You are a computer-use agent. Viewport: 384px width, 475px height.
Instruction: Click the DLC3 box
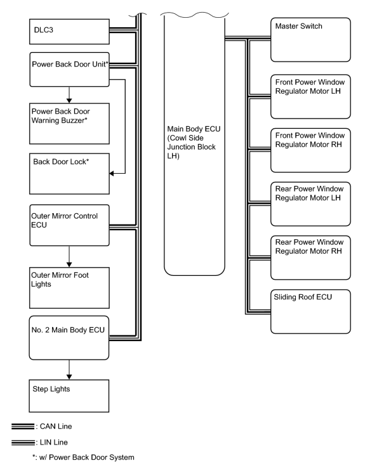coord(69,32)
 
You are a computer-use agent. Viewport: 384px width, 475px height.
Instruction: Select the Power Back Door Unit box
coord(69,69)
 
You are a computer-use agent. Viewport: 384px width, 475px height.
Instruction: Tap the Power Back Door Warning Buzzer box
coord(69,124)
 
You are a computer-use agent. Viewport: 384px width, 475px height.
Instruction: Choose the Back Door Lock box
coord(69,174)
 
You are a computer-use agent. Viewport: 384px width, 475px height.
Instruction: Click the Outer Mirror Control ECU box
coord(69,225)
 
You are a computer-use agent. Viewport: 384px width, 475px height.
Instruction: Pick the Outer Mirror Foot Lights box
coord(69,288)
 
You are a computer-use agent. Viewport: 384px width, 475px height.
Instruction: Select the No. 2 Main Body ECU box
coord(69,338)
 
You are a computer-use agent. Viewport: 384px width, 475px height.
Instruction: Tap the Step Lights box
coord(69,396)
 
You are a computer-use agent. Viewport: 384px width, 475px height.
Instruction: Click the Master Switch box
coord(310,40)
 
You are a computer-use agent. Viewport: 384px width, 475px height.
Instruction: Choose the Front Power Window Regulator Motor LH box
coord(310,96)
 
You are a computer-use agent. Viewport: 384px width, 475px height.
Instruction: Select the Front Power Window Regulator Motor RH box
coord(310,150)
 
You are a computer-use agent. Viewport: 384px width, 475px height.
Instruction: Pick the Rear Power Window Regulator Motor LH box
coord(310,204)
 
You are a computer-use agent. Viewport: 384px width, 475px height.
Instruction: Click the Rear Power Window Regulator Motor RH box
coord(310,257)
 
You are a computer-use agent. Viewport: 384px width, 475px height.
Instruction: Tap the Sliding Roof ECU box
coord(310,311)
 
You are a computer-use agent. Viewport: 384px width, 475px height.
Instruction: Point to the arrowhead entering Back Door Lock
coord(112,173)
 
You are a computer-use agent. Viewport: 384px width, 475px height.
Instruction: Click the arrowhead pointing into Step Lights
coord(69,377)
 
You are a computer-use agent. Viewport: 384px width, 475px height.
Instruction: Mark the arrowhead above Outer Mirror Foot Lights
coord(69,264)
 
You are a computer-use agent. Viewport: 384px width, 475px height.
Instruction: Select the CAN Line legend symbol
coord(23,426)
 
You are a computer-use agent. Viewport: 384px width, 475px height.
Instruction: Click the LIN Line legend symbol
coord(23,442)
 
